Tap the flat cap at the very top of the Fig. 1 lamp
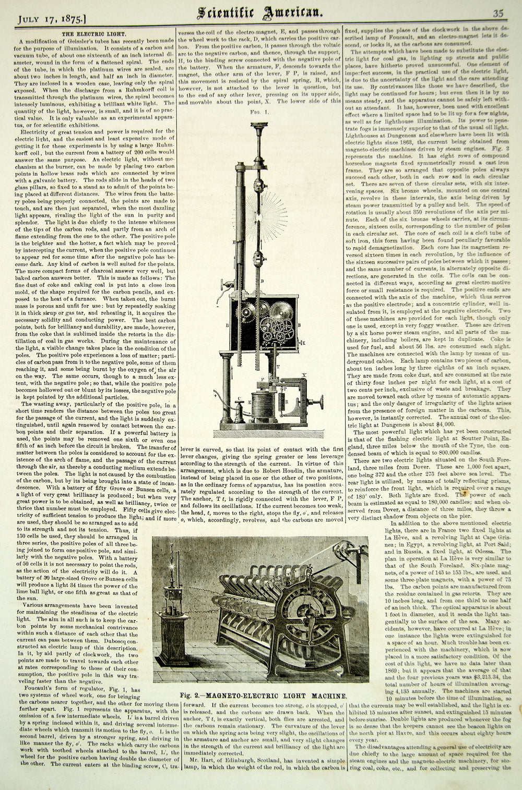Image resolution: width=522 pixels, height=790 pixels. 257,125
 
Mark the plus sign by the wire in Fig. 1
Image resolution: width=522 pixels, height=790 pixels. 215,397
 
